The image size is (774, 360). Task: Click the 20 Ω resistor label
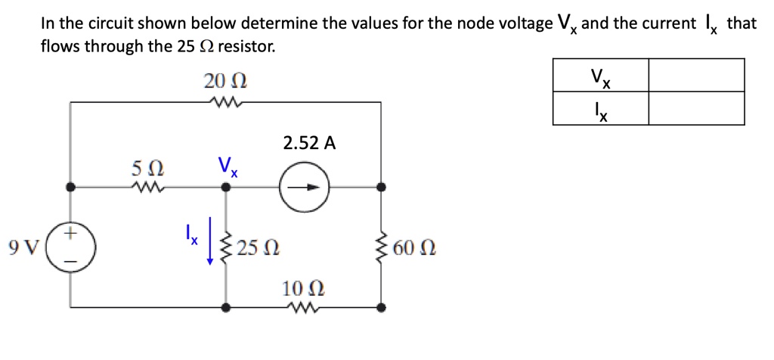(x=226, y=80)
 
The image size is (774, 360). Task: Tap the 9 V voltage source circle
(x=70, y=248)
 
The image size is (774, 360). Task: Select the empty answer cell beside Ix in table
(x=696, y=108)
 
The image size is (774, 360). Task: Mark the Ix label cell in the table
(x=601, y=108)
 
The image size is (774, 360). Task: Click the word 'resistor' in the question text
(x=246, y=47)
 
